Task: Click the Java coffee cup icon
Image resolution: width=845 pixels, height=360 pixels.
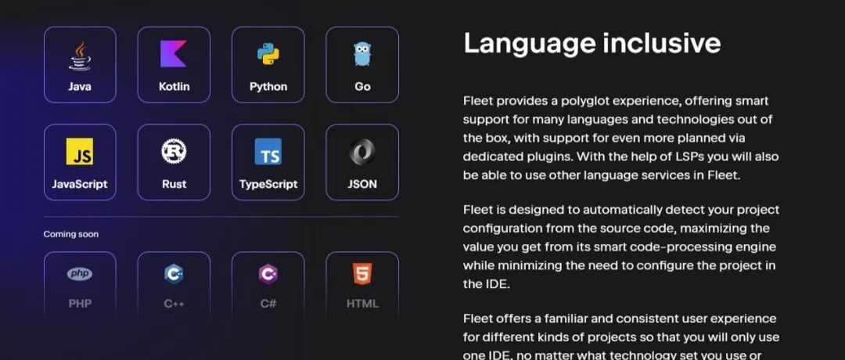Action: pos(79,55)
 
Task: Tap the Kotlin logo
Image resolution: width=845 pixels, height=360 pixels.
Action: pos(174,54)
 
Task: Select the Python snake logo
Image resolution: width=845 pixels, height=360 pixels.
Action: pos(268,54)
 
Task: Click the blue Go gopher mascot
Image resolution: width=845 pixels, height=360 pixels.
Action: pos(361,54)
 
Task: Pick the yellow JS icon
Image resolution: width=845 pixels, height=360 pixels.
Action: pos(79,152)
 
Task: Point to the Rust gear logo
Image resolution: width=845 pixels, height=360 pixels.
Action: pos(174,151)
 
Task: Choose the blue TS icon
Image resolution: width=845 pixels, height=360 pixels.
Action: pos(268,152)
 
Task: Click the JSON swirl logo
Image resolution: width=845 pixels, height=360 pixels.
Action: pos(361,151)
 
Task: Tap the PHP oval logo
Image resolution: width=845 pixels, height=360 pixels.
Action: pos(79,274)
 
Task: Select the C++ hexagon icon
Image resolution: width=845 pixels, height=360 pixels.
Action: pos(174,274)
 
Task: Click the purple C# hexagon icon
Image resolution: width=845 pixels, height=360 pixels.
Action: pos(268,274)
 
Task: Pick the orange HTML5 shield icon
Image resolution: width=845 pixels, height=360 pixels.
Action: pos(361,274)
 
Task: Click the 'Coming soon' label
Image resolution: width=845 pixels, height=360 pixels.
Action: pos(71,234)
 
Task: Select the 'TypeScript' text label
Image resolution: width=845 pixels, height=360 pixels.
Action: pos(268,185)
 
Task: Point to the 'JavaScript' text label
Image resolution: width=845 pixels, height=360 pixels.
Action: pos(79,185)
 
